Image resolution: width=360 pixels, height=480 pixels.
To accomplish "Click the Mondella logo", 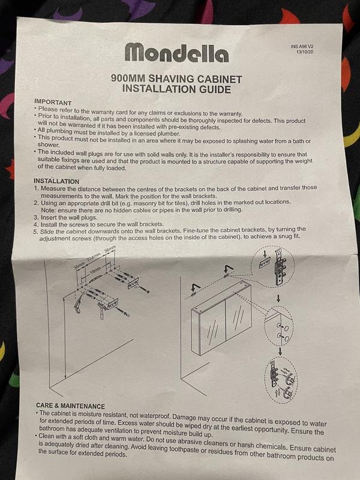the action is [x=176, y=53].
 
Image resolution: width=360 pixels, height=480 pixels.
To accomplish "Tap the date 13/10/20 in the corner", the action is [x=305, y=52].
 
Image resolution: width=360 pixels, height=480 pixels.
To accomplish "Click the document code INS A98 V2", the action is [x=302, y=47].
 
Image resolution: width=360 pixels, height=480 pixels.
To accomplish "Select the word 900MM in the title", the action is [x=128, y=79].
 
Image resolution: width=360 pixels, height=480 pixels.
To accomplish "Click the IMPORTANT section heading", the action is [x=53, y=102].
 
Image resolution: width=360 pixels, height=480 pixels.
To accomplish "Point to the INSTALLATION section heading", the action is [x=56, y=181].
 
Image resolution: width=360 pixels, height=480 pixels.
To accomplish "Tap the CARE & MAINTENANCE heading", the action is [x=70, y=406].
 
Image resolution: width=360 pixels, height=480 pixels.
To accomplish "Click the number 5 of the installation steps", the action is [x=35, y=232].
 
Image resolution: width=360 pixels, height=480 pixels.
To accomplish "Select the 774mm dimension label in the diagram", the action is [x=94, y=257].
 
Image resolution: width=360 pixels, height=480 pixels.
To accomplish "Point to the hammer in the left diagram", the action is [x=102, y=309].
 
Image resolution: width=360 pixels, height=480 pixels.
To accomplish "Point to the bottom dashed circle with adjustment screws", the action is [x=281, y=380].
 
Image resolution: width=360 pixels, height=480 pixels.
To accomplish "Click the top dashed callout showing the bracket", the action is [x=272, y=266].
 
